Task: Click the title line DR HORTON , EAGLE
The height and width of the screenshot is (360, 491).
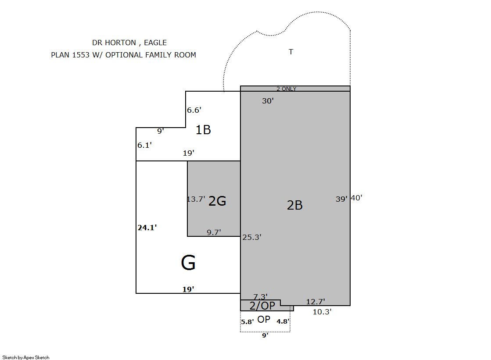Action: coord(129,43)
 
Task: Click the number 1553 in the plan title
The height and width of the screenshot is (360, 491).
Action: coord(81,55)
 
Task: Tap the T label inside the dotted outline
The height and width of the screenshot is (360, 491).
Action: coord(291,52)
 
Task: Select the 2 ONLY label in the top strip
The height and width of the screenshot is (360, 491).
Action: coord(286,89)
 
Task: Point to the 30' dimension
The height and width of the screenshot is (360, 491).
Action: coord(268,101)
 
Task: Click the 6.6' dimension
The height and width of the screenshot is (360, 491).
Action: coord(194,110)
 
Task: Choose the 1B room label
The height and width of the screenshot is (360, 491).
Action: coord(203,130)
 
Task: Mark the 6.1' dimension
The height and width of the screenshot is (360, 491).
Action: coord(145,145)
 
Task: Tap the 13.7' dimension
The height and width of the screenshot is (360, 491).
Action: coord(196,199)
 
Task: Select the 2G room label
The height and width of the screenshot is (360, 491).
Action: coord(217,201)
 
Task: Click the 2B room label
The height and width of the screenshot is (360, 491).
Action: coord(295,205)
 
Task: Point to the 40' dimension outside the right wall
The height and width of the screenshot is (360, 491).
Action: coord(357,198)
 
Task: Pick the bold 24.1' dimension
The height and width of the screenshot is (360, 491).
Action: coord(147,228)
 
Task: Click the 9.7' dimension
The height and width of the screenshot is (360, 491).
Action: coord(214,232)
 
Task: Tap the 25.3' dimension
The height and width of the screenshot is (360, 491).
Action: coord(252,237)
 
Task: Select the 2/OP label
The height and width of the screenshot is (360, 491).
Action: coord(262,306)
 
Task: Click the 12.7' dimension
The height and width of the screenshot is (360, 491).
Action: coord(315,302)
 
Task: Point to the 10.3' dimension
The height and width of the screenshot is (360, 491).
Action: coord(322,312)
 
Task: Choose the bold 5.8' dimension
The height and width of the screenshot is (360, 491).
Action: coord(247,322)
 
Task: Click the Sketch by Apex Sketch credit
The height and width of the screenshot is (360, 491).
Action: coord(26,357)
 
